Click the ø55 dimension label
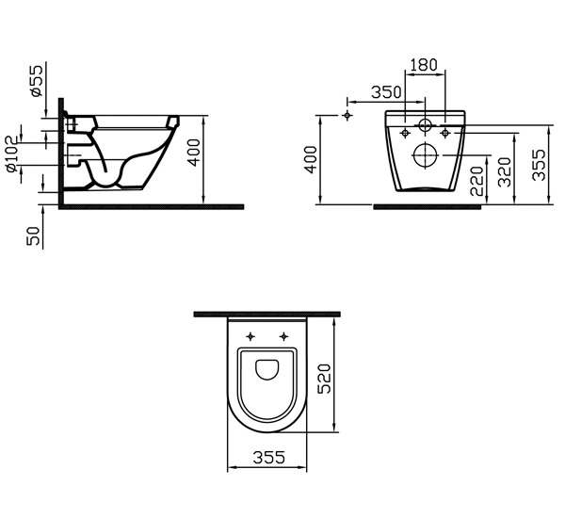coord(35,83)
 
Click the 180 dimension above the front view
coord(424,64)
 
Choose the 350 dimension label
coord(386,91)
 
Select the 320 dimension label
coord(506,170)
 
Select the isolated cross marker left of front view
coord(347,115)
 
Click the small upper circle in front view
coord(425,125)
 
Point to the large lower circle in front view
coord(425,156)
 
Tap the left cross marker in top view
coord(250,336)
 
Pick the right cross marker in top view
coord(284,336)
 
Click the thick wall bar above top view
coord(266,313)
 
